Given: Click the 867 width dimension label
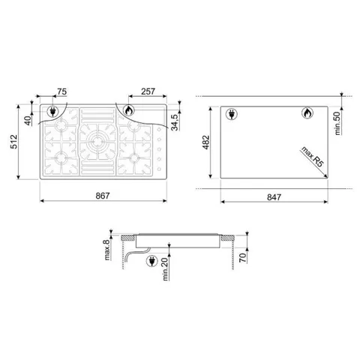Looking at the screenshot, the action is point(103,196).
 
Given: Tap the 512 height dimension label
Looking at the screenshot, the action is point(14,142).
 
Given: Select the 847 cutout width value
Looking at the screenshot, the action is point(274,197).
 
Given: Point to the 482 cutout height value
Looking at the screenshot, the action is point(206,142).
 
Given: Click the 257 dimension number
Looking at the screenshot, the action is point(148,91).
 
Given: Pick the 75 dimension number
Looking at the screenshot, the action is point(61,91).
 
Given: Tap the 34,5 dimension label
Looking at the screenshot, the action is point(175,122).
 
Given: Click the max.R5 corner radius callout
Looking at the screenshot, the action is point(313,157).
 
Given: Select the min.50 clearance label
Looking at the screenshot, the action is point(337,123).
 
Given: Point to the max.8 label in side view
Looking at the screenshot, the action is point(107,250).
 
